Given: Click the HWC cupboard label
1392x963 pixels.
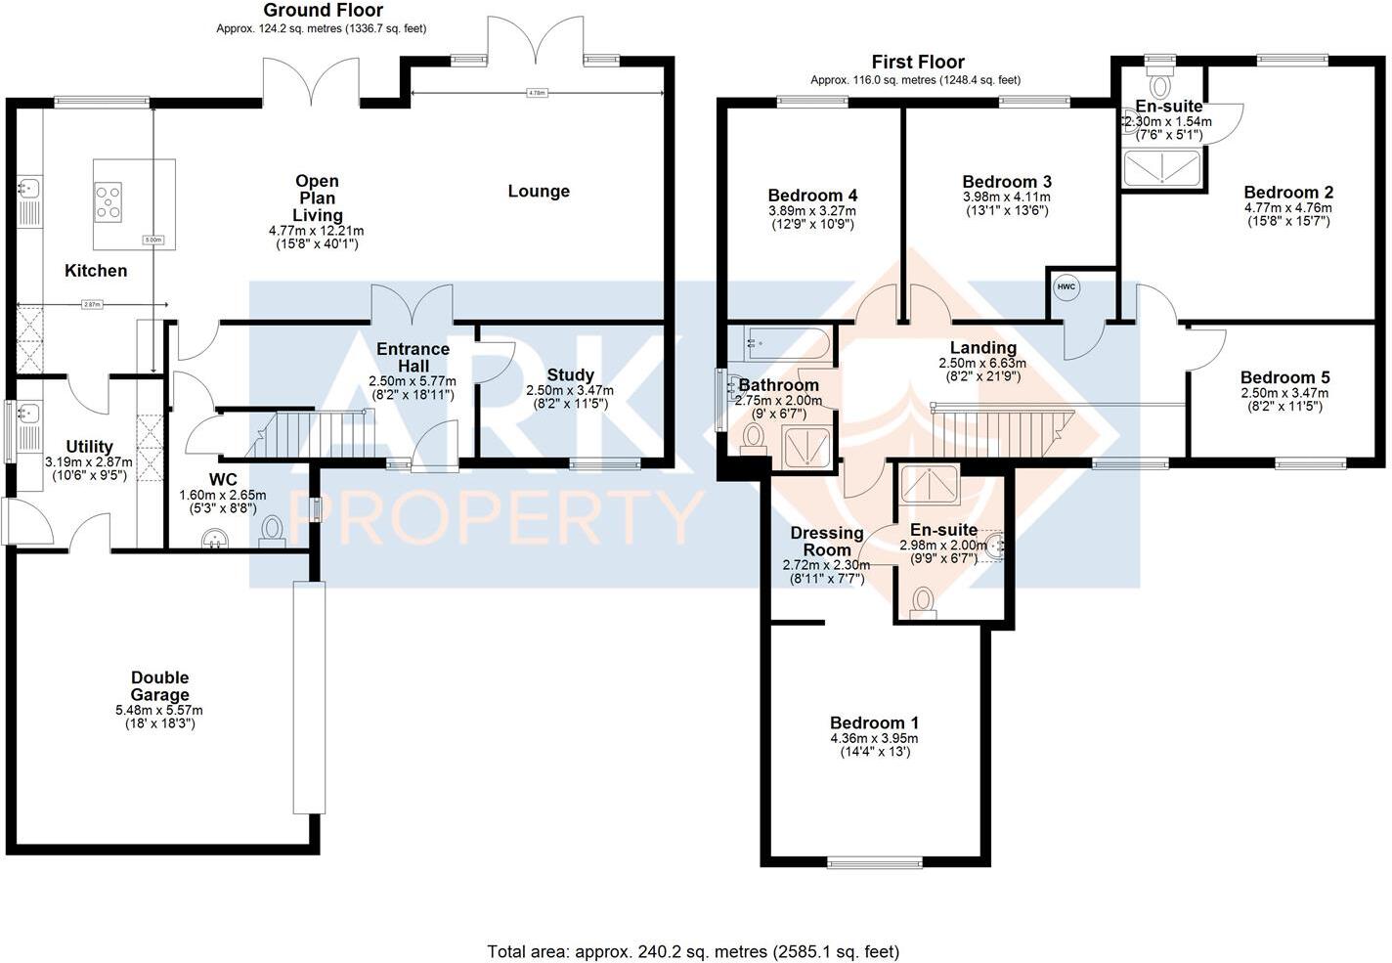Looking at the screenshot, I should tap(1066, 286).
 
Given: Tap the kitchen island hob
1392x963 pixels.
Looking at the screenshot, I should tap(108, 201).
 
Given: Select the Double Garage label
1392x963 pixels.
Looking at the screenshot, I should tap(160, 685).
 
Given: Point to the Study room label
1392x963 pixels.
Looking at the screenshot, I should tap(570, 374).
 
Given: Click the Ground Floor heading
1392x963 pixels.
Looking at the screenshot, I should tap(309, 11).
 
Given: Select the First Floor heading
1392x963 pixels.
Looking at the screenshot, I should tap(917, 62).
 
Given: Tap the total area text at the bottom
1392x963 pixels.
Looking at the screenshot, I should tap(693, 950).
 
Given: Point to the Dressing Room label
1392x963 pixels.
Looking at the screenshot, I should tap(827, 541).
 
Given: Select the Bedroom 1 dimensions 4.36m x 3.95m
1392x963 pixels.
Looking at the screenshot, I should tap(874, 738).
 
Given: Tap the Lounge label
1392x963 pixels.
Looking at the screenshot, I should tap(538, 191).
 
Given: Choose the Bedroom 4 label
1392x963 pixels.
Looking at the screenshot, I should tap(812, 196).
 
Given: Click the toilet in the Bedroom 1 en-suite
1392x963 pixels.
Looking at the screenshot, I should tap(922, 601).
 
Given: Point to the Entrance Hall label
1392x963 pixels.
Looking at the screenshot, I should tap(413, 357).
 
